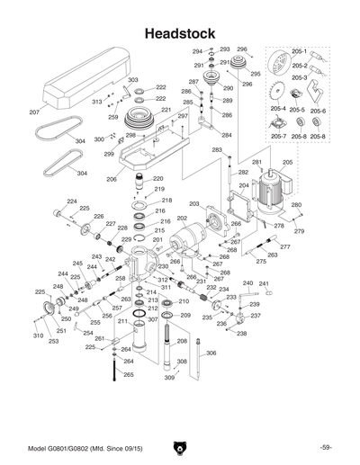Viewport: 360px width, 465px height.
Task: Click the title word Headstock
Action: (x=180, y=32)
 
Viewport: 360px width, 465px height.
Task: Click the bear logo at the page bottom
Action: (x=180, y=447)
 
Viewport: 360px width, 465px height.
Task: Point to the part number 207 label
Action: (x=34, y=113)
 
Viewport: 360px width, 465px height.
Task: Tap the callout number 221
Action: (x=166, y=111)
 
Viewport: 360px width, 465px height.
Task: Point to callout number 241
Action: (x=264, y=284)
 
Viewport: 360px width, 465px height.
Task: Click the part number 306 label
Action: (x=211, y=353)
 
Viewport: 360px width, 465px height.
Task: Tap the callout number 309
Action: (x=169, y=378)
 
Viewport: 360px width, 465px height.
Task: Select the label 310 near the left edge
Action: (x=38, y=335)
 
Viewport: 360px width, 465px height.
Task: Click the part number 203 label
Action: (x=193, y=204)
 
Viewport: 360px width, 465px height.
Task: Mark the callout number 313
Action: (x=97, y=103)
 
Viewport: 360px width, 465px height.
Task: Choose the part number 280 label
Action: (x=295, y=206)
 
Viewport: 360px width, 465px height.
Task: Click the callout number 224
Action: (x=71, y=201)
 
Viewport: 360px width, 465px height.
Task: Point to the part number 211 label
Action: (x=122, y=321)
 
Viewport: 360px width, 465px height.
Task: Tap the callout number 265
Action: (x=128, y=374)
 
